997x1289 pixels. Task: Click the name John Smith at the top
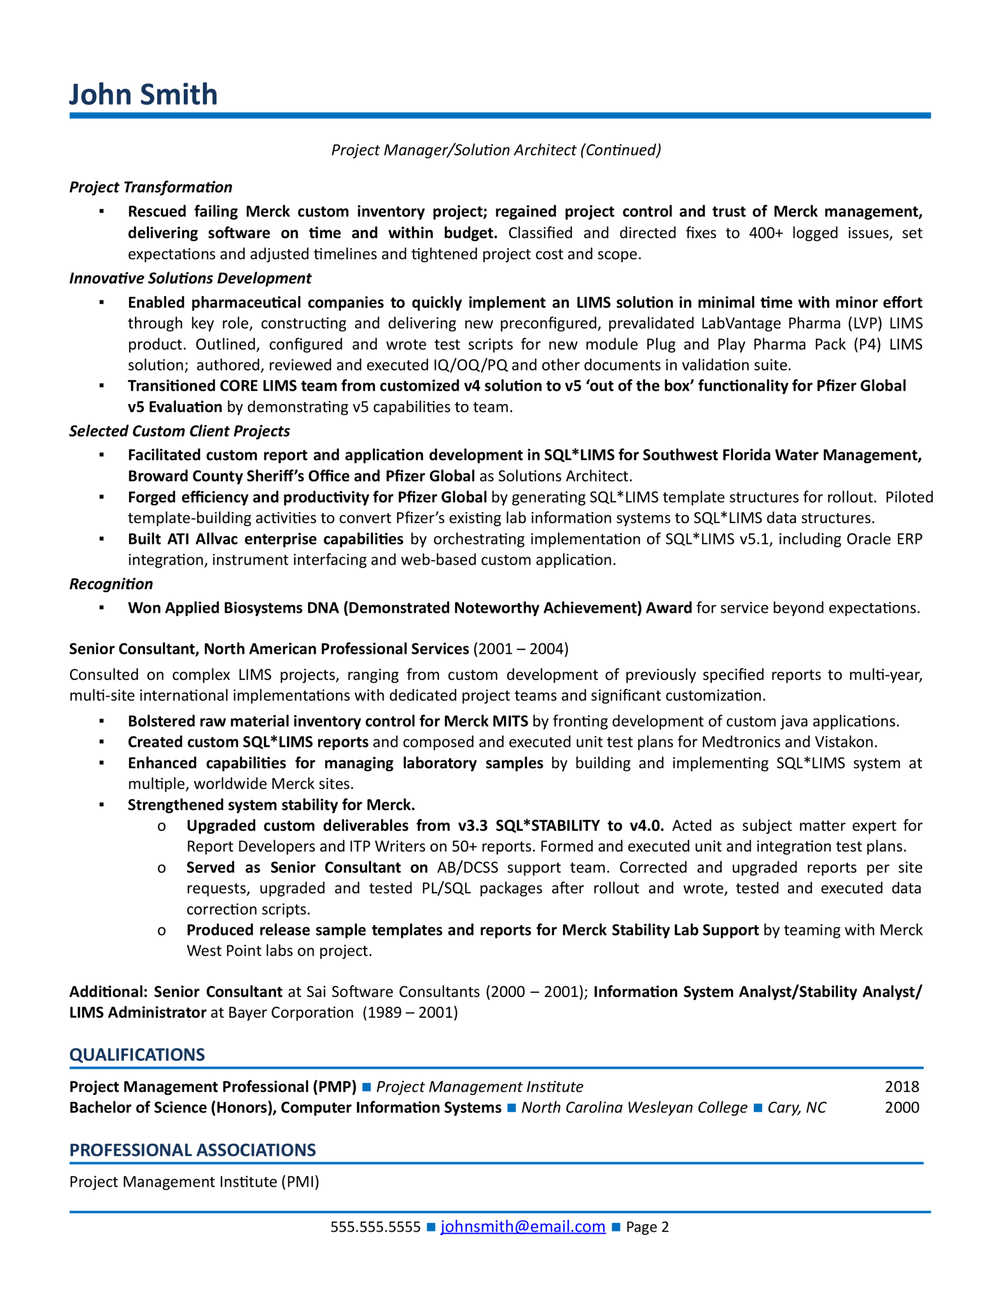click(x=144, y=95)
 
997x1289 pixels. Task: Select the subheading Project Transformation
click(x=151, y=187)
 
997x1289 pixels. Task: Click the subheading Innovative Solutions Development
click(x=190, y=278)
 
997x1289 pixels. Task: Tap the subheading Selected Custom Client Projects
click(x=179, y=431)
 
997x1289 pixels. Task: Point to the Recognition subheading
click(x=111, y=584)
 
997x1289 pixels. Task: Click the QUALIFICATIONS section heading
click(x=137, y=1055)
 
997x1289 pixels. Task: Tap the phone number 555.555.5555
click(x=376, y=1227)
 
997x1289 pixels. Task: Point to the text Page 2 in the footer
click(x=647, y=1227)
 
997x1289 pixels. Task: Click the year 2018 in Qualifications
click(x=901, y=1087)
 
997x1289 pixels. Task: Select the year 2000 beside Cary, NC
click(x=901, y=1107)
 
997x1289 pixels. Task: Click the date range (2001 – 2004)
click(x=521, y=649)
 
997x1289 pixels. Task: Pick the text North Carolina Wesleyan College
click(x=634, y=1107)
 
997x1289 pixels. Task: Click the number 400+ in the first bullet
click(x=765, y=233)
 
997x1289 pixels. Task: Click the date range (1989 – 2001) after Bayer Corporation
click(x=410, y=1012)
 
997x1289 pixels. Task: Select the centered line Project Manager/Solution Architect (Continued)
click(x=496, y=150)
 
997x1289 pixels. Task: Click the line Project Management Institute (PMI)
click(x=194, y=1182)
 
